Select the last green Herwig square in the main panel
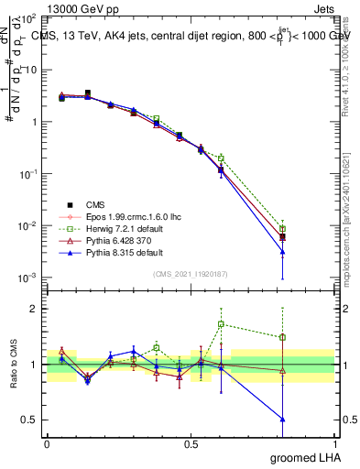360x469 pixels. pyautogui.click(x=283, y=229)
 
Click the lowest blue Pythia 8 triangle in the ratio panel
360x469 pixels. pyautogui.click(x=283, y=420)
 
